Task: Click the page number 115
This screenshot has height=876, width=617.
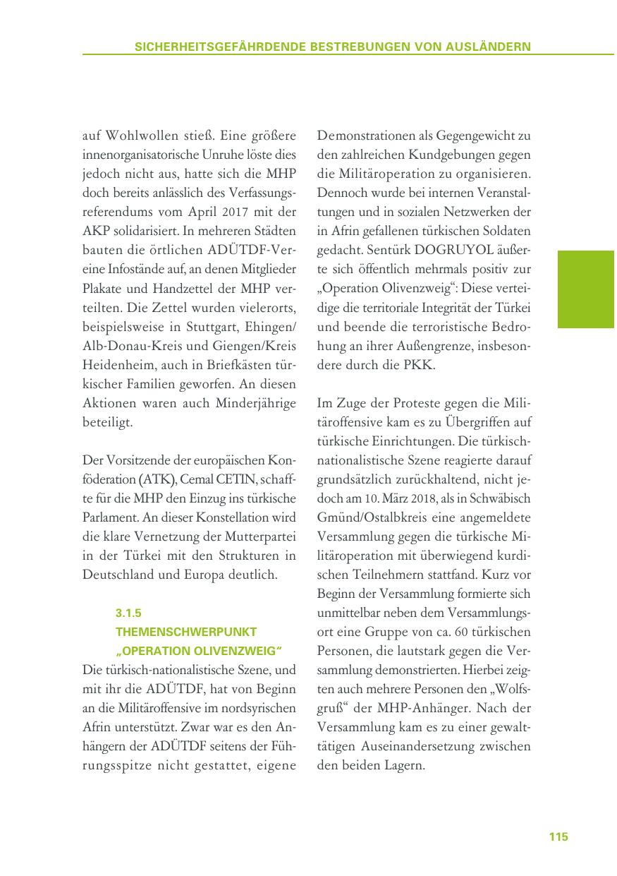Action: [x=558, y=836]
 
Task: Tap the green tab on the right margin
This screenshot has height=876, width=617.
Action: [x=585, y=289]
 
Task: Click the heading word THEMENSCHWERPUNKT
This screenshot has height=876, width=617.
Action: [x=185, y=631]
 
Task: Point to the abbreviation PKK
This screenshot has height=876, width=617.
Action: [x=423, y=365]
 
